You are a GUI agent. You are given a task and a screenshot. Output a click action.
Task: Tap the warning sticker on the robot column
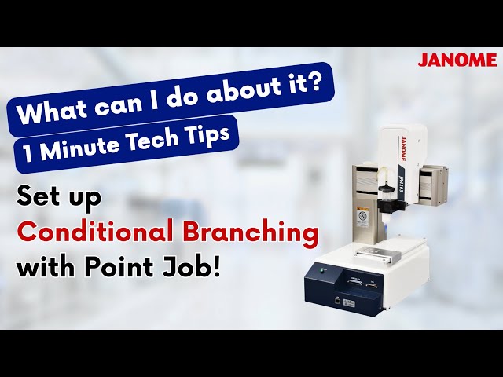tap(362, 215)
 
